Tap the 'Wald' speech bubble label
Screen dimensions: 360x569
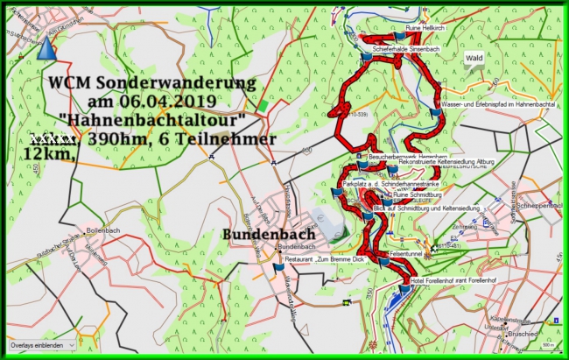coord(474,59)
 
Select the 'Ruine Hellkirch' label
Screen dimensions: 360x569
coord(426,29)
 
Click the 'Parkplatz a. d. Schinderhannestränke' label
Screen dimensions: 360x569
coord(392,185)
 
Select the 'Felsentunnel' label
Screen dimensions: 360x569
coord(406,252)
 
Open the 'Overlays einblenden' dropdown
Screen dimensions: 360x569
coord(41,345)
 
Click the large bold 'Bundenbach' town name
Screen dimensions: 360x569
coord(258,236)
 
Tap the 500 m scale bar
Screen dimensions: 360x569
coord(544,345)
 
